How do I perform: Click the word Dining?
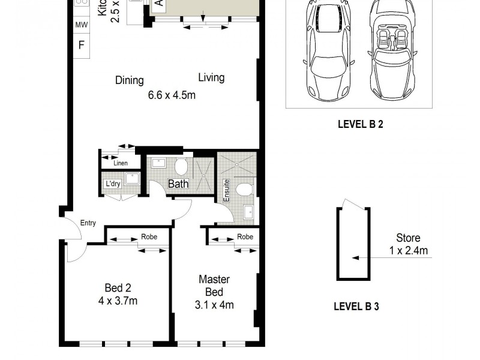130,80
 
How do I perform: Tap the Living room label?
211,77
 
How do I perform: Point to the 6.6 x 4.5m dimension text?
172,95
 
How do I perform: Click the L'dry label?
113,184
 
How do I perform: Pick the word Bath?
178,184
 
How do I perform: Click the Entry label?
88,223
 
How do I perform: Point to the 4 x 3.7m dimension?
118,301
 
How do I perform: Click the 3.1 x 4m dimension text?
215,305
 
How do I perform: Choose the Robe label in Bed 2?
149,237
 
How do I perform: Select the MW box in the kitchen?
80,25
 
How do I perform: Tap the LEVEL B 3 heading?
356,306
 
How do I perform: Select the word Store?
408,239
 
